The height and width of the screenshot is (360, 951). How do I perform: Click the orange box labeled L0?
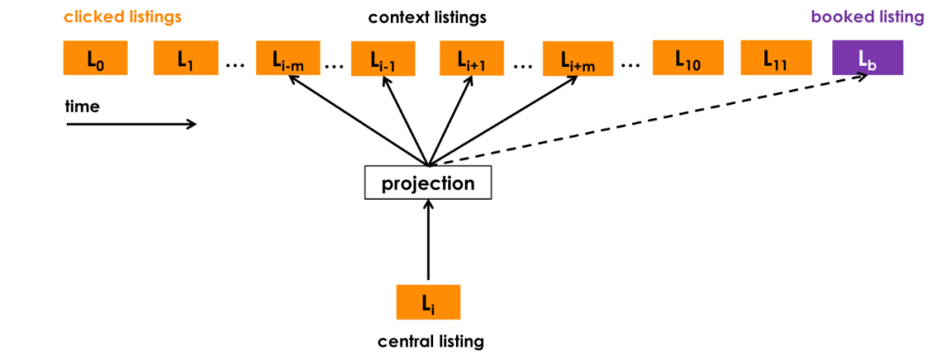click(95, 58)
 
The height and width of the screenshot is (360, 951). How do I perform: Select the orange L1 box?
click(186, 58)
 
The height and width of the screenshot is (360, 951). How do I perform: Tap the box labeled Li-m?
click(288, 59)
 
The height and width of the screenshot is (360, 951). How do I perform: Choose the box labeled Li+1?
click(471, 59)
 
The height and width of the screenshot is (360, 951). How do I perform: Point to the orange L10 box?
click(688, 58)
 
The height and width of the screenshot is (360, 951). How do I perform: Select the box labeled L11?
click(776, 58)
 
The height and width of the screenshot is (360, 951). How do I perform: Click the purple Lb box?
click(867, 58)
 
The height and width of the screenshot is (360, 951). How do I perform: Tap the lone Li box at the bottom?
click(428, 303)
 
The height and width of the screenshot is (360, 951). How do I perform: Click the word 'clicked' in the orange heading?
click(92, 17)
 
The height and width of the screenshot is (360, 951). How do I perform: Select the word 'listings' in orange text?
click(154, 17)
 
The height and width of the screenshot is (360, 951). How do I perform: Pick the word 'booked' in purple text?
click(838, 17)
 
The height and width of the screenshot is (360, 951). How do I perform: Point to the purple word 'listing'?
click(898, 17)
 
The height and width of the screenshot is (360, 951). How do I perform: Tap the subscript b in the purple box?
click(873, 64)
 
